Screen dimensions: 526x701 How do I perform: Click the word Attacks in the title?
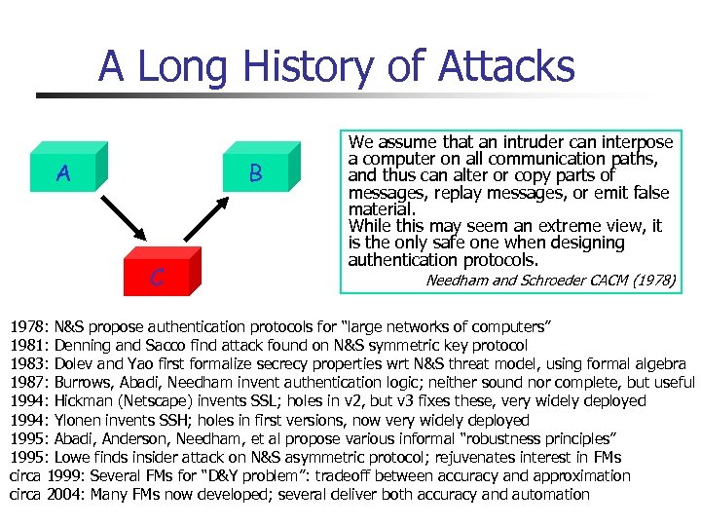coord(506,66)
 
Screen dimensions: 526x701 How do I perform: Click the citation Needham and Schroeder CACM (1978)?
coord(550,280)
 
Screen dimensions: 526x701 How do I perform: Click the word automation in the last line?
coord(547,494)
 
